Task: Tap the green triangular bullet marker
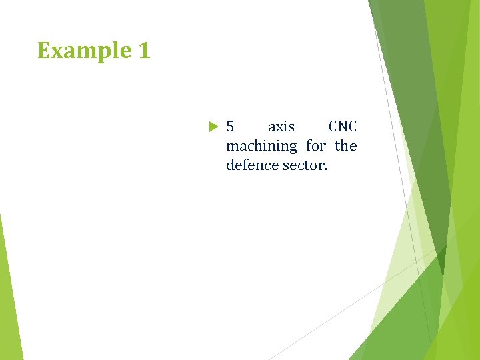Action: point(213,127)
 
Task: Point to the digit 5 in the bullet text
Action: point(230,127)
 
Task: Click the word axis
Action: point(281,127)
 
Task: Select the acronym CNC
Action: point(343,127)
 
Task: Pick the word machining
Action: point(261,146)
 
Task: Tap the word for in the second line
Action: point(316,145)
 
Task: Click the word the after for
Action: point(345,145)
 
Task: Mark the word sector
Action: point(305,165)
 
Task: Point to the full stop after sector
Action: point(326,169)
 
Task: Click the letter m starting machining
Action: point(231,146)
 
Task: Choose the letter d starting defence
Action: point(230,165)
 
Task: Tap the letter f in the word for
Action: point(309,145)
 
